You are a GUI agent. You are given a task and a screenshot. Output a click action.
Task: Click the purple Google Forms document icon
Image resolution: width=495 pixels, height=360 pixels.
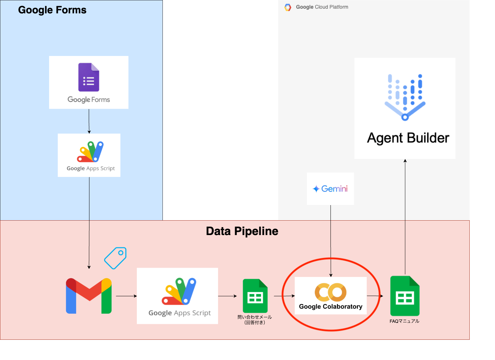pos(88,77)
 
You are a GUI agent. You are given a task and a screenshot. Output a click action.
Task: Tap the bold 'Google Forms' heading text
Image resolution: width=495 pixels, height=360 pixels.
pos(52,10)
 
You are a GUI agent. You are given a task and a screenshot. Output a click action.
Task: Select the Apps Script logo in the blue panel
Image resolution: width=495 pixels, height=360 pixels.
pos(90,152)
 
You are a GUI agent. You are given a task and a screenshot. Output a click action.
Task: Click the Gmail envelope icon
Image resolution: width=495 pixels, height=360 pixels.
pos(88,296)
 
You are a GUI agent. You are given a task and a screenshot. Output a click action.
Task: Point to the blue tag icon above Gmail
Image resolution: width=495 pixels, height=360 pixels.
pos(115,258)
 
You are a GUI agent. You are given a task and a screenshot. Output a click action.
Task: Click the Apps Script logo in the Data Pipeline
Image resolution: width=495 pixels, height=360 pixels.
pos(179,291)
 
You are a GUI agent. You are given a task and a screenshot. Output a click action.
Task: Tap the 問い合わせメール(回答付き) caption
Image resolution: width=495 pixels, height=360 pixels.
pos(255,320)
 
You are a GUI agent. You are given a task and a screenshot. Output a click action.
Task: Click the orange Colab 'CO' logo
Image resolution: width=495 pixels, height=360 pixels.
pos(330,292)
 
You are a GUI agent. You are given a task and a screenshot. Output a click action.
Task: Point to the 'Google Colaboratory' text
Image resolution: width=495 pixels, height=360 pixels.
pos(331,307)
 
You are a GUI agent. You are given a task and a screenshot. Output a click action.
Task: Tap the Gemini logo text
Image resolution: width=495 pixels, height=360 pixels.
pos(330,189)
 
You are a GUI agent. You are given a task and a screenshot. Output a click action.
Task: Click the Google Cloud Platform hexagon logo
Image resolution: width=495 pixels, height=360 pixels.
pos(288,7)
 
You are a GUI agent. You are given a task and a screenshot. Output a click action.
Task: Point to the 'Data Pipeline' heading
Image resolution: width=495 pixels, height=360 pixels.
pos(242,231)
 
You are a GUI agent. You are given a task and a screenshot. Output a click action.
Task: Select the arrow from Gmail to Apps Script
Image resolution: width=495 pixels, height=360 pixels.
pos(126,296)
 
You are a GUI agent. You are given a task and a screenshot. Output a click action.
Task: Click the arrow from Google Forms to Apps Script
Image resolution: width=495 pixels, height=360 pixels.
pos(89,121)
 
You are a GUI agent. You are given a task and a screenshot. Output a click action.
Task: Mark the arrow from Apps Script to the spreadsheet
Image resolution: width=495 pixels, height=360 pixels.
pos(227,296)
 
